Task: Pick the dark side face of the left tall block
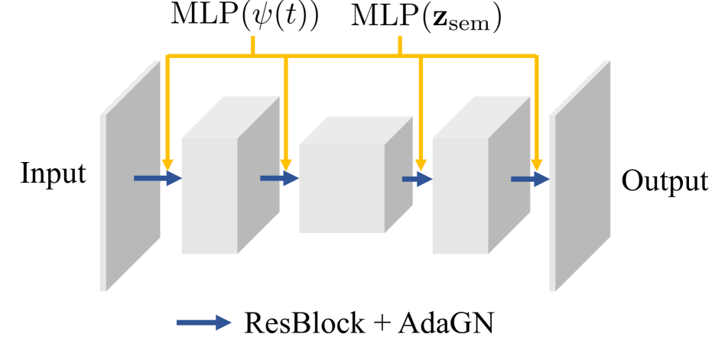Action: coord(258,176)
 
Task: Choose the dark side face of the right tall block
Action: coord(509,176)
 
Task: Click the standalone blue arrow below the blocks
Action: coord(203,323)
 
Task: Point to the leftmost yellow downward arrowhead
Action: coord(167,165)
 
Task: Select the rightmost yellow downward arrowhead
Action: coord(536,165)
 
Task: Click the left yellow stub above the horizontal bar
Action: coord(253,44)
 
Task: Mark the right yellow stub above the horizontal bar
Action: coord(399,44)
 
